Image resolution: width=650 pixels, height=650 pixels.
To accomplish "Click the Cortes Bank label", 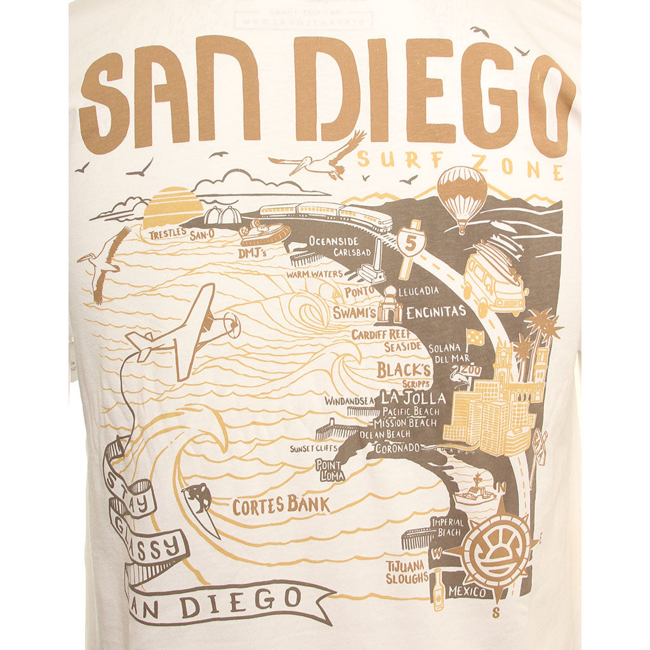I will pos(281,506).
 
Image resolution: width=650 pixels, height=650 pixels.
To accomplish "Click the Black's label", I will pos(403,369).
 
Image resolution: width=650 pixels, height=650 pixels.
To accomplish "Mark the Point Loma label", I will pos(329,470).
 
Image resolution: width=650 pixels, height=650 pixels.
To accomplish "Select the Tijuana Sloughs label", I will pos(406,571).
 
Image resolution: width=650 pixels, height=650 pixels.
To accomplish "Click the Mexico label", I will pos(467,592).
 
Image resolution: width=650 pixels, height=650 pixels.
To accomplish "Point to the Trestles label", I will pos(168,234).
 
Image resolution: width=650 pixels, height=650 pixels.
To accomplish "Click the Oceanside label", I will pos(334,241).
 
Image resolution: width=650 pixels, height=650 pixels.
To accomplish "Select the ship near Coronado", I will pos(475,491).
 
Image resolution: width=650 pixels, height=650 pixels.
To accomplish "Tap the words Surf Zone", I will pos(460,164).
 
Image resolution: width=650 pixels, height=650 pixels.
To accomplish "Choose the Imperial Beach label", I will pos(448,527).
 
